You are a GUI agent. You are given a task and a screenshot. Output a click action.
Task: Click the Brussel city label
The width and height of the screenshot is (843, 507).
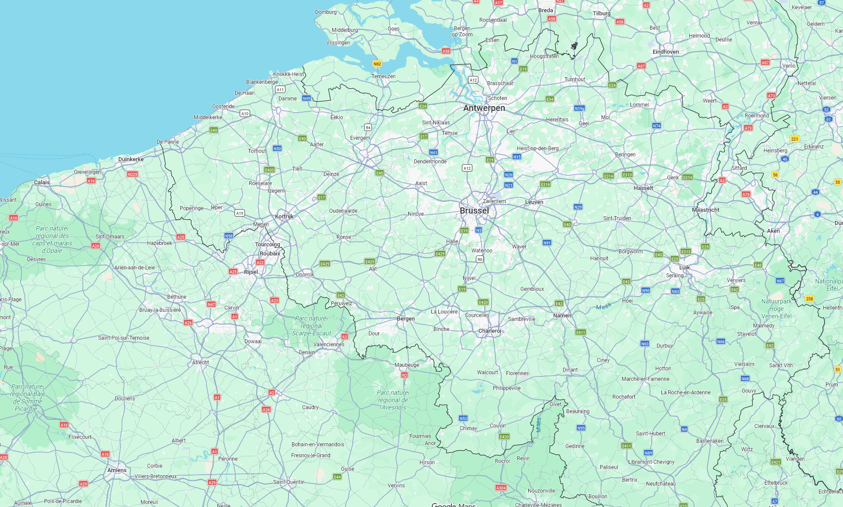pos(474,210)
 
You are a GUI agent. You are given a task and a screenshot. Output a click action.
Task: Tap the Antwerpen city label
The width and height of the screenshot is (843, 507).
pos(484,108)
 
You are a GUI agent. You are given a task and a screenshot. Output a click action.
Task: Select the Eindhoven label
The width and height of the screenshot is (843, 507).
pos(665,52)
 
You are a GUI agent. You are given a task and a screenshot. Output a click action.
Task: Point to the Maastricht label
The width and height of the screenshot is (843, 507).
pos(705,210)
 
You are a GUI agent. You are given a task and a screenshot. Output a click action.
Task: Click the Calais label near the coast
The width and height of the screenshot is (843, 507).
pos(42,183)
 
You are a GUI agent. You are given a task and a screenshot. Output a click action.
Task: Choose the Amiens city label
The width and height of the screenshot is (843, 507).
pos(117,470)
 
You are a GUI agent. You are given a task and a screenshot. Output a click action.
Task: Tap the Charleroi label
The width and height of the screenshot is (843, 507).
pos(490,331)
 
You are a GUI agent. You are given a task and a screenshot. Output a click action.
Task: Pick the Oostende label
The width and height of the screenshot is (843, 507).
pos(223,107)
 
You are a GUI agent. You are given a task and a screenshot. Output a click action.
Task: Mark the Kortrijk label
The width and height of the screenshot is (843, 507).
pos(284,217)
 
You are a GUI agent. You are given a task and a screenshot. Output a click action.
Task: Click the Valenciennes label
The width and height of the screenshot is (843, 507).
pos(329,345)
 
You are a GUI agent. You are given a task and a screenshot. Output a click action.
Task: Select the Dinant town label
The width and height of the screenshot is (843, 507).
pos(570,370)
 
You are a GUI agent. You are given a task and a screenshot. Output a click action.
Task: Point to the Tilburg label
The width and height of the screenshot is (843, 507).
pos(602,14)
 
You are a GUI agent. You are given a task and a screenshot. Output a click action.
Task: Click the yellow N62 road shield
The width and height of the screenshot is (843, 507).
pos(377,64)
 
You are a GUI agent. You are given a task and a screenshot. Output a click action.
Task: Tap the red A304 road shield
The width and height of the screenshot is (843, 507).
pos(501,488)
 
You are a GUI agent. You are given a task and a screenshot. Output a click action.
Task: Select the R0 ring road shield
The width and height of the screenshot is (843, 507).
pos(479,259)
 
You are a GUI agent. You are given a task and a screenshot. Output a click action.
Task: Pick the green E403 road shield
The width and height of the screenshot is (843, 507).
pos(269,170)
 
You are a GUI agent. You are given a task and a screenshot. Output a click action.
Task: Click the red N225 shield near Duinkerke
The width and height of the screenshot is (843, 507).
pos(132,174)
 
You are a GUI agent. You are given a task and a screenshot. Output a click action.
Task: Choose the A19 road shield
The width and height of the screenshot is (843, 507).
pos(240,213)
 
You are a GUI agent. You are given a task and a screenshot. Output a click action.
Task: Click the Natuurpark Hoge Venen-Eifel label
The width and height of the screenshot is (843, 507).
pos(776,309)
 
